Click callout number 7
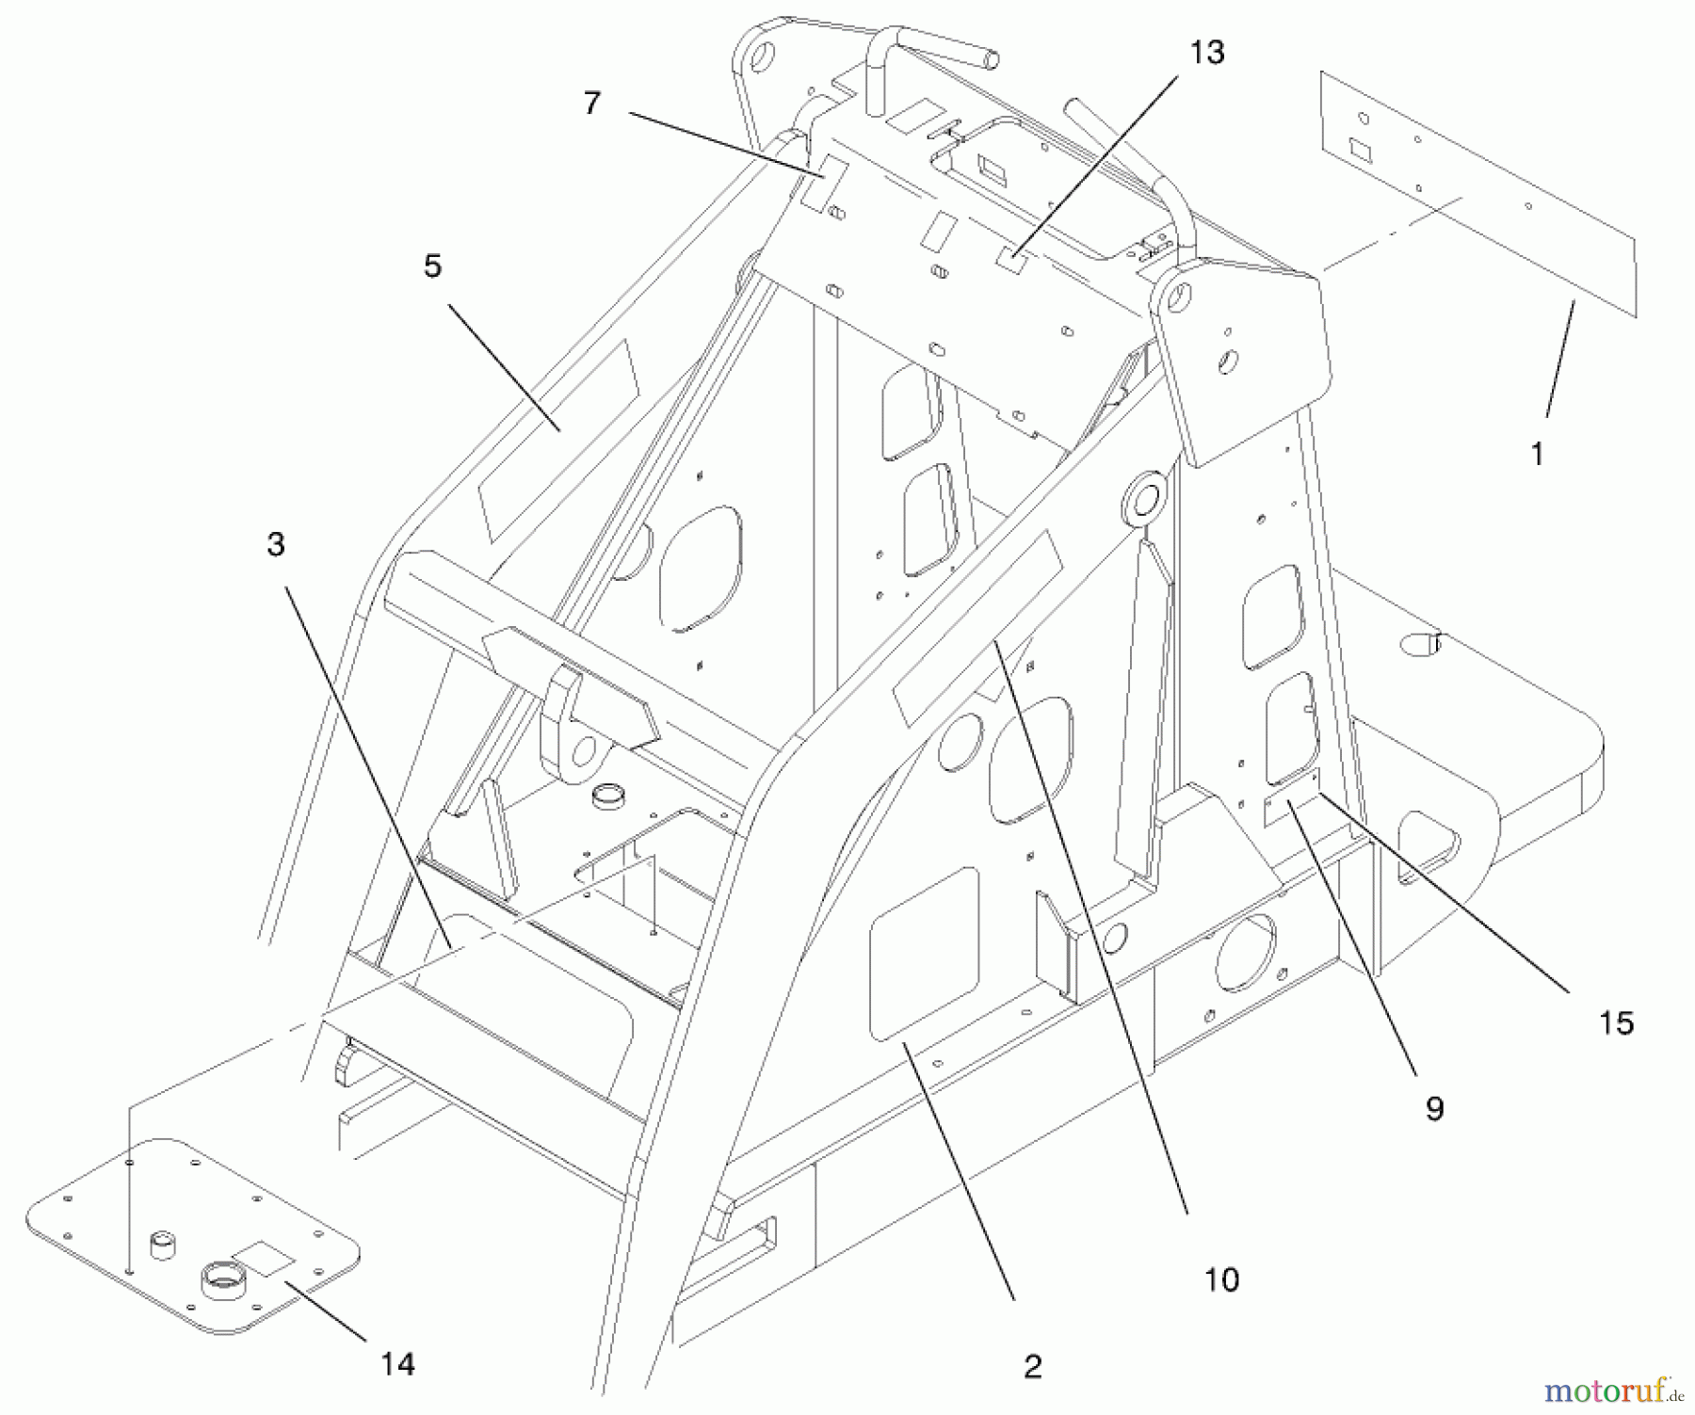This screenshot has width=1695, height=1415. point(591,104)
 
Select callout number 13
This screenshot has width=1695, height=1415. point(1207,54)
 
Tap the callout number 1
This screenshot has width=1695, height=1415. point(1537,455)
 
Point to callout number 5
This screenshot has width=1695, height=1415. point(432,266)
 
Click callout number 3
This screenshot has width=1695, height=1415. point(275,544)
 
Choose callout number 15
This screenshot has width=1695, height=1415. point(1616,1023)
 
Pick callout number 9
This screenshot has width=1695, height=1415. point(1433,1109)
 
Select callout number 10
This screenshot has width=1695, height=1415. point(1221,1279)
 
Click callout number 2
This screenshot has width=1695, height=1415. point(1032,1366)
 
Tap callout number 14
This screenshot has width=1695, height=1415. point(398,1363)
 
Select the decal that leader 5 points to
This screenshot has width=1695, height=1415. point(559,438)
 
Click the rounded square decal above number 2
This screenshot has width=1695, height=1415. point(925,955)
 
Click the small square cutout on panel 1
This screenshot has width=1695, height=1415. point(1360,148)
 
